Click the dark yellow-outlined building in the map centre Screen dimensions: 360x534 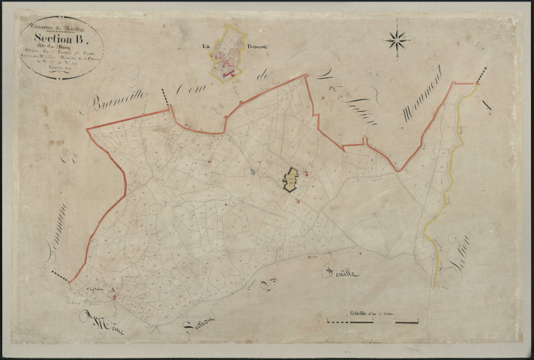tap(290, 179)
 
